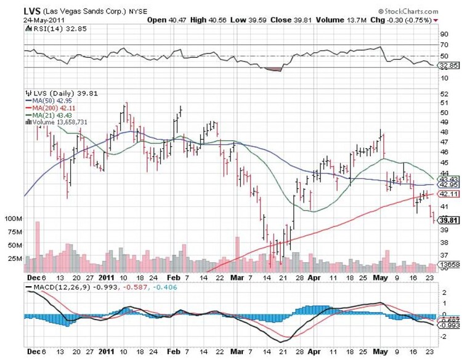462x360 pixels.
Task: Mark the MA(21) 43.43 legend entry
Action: click(x=47, y=115)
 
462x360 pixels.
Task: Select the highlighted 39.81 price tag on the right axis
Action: click(x=447, y=220)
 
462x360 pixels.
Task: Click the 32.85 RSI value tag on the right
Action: click(x=447, y=65)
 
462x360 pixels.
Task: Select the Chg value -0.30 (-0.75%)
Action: click(x=415, y=20)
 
